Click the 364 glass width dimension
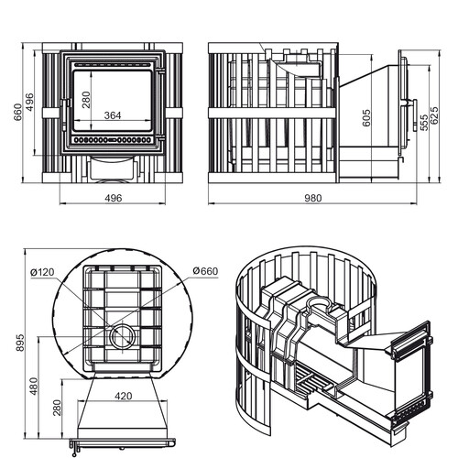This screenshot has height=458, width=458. click(x=113, y=115)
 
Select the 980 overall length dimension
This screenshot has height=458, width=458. click(x=313, y=198)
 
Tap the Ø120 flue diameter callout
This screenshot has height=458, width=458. click(x=42, y=272)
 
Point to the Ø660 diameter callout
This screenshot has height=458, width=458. click(x=205, y=271)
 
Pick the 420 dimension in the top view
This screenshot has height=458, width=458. click(x=124, y=396)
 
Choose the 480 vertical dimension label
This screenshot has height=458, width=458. click(x=34, y=386)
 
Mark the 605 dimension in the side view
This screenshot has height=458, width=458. click(x=366, y=117)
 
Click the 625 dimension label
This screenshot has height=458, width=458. click(x=434, y=115)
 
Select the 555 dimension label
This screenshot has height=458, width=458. click(x=424, y=123)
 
